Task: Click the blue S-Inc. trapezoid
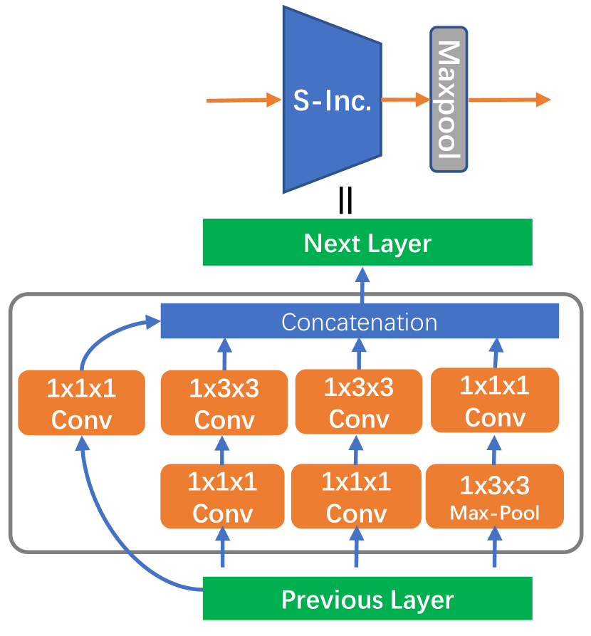pyautogui.click(x=333, y=100)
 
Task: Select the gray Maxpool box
pyautogui.click(x=449, y=100)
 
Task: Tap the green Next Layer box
pyautogui.click(x=367, y=242)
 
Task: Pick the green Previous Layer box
pyautogui.click(x=367, y=598)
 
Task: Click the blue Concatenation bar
pyautogui.click(x=360, y=320)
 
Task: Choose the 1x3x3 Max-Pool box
pyautogui.click(x=495, y=496)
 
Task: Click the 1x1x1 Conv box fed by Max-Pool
pyautogui.click(x=495, y=400)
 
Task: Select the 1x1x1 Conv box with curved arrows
pyautogui.click(x=82, y=403)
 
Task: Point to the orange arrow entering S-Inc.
pyautogui.click(x=244, y=100)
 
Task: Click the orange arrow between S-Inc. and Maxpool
pyautogui.click(x=406, y=100)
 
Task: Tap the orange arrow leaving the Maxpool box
pyautogui.click(x=509, y=100)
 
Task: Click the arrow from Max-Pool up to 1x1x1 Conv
pyautogui.click(x=494, y=450)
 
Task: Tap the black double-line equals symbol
pyautogui.click(x=345, y=200)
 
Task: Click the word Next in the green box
pyautogui.click(x=332, y=243)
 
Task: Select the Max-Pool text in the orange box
pyautogui.click(x=495, y=513)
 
